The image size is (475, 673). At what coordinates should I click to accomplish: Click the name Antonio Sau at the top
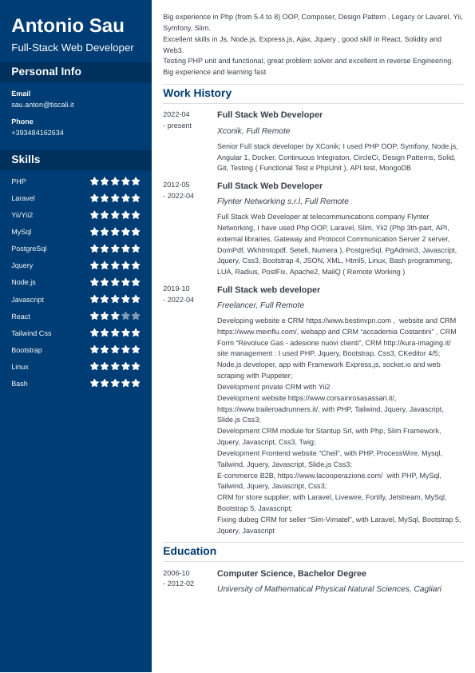68,26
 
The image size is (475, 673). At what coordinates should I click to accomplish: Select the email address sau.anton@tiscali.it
42,105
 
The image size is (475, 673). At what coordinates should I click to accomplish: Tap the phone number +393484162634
38,133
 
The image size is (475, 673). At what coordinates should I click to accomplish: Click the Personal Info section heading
46,71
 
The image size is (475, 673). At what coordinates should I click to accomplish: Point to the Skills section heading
26,159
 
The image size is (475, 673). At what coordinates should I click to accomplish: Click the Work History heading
197,93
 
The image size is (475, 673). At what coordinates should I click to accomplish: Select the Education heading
189,551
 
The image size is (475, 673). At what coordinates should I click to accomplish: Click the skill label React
21,317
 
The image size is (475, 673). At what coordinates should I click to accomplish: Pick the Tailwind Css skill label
31,333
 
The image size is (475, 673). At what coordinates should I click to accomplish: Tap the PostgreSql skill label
29,249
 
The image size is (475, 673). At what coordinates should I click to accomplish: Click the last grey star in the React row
136,316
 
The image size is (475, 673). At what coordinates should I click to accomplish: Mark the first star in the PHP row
94,181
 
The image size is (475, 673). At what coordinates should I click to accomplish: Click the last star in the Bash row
136,383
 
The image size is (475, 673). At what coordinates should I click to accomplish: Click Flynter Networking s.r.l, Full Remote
283,201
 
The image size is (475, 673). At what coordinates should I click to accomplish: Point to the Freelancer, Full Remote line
260,305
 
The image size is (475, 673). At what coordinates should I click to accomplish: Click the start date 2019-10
176,289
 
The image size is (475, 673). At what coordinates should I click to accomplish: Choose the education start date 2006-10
176,573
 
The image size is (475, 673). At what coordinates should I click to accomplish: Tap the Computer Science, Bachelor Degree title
291,573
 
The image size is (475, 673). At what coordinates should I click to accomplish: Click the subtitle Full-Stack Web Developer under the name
73,48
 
